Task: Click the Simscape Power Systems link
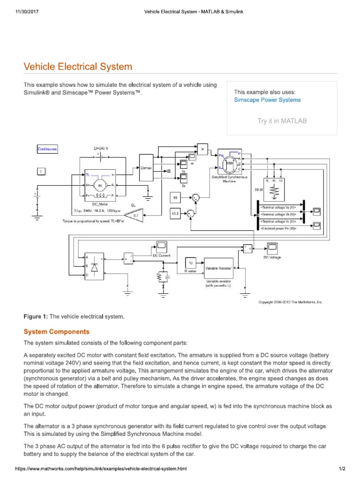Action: [267, 100]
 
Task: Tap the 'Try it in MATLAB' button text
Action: [282, 121]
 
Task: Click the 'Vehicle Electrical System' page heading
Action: [78, 67]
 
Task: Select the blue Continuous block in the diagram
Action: [47, 150]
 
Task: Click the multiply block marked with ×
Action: [202, 149]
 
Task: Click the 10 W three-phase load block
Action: [274, 187]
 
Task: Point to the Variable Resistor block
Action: [218, 269]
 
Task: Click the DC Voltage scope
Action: [272, 247]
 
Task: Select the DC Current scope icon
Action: [162, 246]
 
